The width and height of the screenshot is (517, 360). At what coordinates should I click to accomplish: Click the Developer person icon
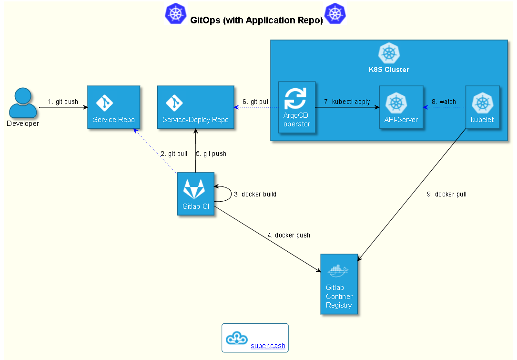point(23,103)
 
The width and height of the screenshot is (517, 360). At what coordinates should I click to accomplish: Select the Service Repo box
point(113,107)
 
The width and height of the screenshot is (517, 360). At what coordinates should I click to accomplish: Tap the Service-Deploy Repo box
point(195,107)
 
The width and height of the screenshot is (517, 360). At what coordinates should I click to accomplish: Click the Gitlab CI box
point(195,194)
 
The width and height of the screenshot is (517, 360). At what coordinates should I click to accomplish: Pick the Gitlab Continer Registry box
point(339,284)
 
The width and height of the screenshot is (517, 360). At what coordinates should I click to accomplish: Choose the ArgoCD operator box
point(297,107)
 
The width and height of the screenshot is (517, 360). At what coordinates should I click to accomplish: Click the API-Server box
point(401,107)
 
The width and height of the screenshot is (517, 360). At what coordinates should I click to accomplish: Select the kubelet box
point(482,107)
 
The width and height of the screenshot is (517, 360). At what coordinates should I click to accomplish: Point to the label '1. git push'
point(63,102)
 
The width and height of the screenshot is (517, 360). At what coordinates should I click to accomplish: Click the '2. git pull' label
point(174,154)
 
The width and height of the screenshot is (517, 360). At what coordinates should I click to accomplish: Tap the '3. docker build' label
point(255,195)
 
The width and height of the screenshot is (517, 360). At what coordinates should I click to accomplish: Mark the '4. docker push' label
point(289,236)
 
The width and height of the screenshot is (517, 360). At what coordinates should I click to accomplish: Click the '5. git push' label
point(211,154)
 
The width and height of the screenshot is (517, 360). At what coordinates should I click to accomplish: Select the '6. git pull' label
point(256,102)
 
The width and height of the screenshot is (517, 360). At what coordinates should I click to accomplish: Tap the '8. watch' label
point(444,102)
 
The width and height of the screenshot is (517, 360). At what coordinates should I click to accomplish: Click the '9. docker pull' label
point(447,195)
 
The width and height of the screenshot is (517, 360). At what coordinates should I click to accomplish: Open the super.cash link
point(268,346)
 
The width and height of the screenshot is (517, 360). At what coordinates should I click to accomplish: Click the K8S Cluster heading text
point(389,70)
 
